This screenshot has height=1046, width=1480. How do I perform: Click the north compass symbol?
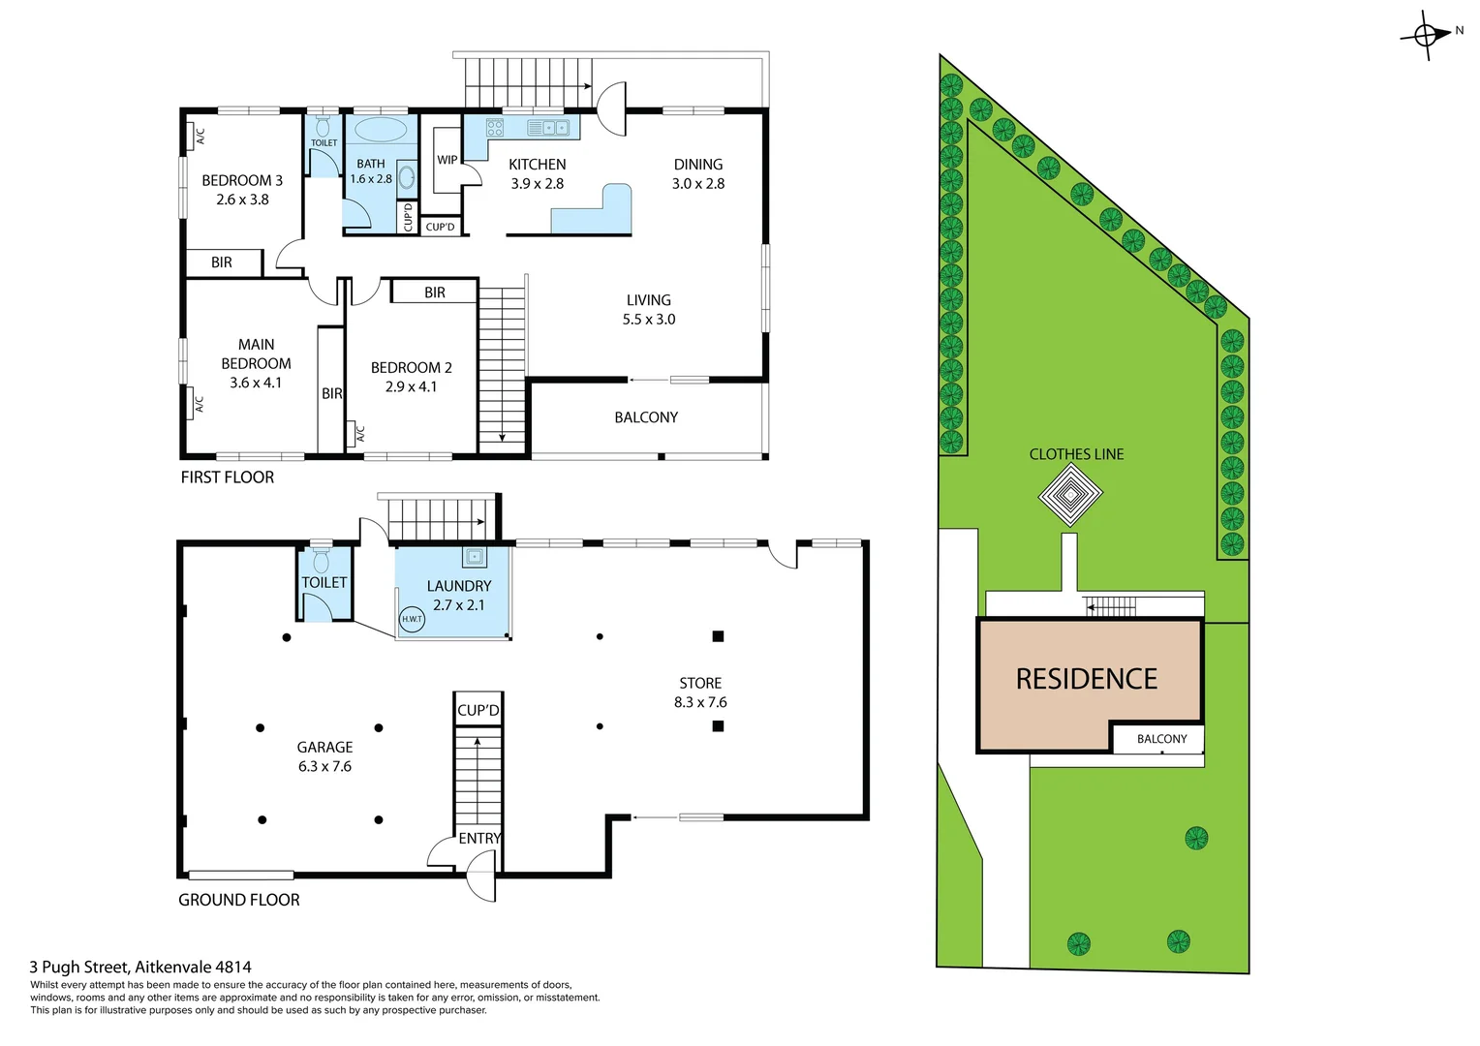coord(1426,36)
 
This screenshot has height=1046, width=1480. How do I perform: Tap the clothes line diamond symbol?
coord(1070,496)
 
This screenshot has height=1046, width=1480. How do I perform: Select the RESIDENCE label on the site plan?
coord(1086,679)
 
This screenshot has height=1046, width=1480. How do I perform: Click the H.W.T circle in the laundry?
coord(412,619)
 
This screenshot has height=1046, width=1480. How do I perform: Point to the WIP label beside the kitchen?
coord(447,160)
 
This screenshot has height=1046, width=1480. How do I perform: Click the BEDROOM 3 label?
coord(242,180)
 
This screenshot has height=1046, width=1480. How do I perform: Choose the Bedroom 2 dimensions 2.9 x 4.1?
coord(411,386)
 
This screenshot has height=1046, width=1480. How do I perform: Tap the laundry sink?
coord(474,557)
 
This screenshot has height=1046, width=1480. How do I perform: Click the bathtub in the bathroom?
coord(381,130)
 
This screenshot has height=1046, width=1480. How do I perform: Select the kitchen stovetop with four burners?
coord(494,127)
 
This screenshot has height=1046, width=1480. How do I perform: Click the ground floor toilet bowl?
coord(322,561)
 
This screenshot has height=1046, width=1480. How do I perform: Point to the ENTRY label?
coord(479,838)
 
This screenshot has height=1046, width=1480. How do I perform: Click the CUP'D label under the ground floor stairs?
coord(478,710)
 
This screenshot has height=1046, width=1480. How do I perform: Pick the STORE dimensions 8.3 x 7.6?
coord(699,702)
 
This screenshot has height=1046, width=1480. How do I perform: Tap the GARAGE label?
coord(324,747)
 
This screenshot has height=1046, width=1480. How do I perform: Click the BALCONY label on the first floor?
coord(646,417)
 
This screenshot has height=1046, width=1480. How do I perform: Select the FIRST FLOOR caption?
coord(228,477)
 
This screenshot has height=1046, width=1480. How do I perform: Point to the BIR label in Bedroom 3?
coord(222,262)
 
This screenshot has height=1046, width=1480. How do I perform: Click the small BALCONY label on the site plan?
coord(1161,739)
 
